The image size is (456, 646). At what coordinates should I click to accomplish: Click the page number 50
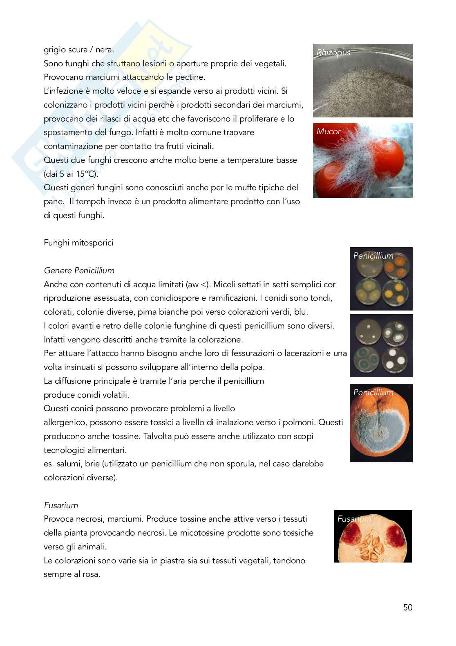407,608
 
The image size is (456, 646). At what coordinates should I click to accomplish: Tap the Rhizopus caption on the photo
333,53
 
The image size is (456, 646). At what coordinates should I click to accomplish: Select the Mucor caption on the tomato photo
329,132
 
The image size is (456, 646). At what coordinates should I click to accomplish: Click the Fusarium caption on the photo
354,519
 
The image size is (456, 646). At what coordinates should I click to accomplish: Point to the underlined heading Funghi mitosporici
78,243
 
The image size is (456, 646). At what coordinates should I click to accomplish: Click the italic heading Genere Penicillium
79,270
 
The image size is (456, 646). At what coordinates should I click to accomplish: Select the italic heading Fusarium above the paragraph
61,505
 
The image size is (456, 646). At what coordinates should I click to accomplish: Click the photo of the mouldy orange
381,423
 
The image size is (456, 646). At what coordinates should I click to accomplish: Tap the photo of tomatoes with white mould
362,161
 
